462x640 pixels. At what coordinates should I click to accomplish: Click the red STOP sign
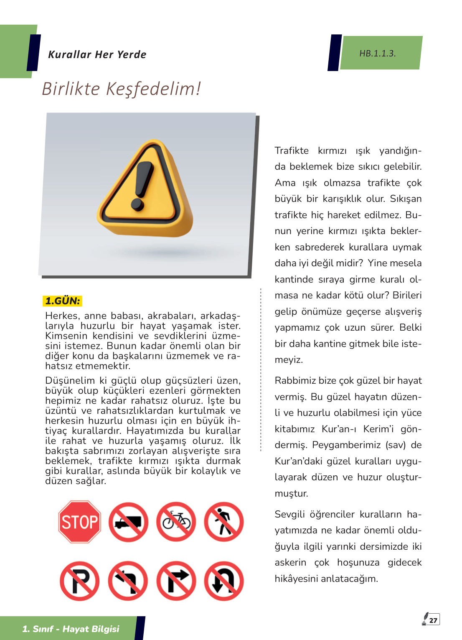coord(79,522)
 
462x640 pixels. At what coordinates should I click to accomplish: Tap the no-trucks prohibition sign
coord(128,522)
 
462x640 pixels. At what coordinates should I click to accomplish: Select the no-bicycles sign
coord(176,522)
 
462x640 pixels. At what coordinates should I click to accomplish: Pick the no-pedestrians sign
coord(224,522)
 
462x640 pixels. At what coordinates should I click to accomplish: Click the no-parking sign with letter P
coord(79,581)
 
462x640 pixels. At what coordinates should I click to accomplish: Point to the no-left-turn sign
coord(128,581)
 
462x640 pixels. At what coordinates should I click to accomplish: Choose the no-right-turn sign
coord(176,581)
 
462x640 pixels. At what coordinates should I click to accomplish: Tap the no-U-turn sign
coord(224,581)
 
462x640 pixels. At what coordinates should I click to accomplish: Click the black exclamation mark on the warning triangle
coord(142,184)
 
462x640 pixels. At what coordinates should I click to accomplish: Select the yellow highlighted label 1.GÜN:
coord(63,301)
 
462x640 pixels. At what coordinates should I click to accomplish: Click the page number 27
coord(433,620)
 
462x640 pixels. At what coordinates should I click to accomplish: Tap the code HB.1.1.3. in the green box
coord(378,54)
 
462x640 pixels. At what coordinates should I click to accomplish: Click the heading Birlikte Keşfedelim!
coord(121,89)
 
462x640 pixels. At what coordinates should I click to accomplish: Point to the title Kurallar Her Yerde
coord(97,54)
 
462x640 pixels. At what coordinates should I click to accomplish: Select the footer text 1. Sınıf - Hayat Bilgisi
coord(71,629)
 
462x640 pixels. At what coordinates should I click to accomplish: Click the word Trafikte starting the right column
coord(292,150)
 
